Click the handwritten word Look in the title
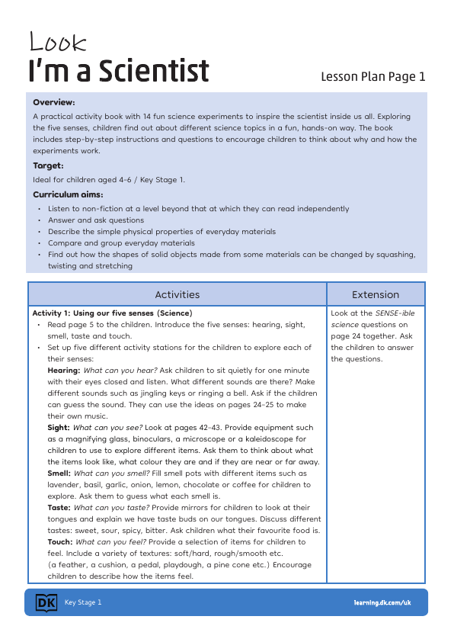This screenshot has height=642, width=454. (x=58, y=43)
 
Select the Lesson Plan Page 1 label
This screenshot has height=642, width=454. (x=372, y=76)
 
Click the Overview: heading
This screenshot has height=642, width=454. (x=54, y=101)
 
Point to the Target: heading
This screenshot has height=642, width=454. (x=48, y=165)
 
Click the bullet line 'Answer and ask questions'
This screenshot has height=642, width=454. (x=95, y=220)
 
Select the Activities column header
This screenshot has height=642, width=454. (x=177, y=294)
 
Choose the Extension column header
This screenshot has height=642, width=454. (x=376, y=294)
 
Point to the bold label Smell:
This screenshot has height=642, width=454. (x=59, y=473)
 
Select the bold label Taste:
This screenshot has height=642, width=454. (x=59, y=507)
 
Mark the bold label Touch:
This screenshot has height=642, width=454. (x=60, y=541)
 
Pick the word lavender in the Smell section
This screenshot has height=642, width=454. (x=65, y=485)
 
